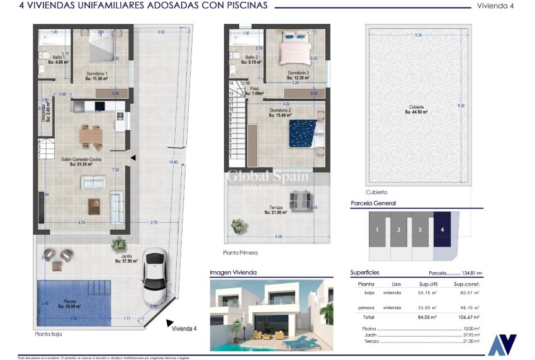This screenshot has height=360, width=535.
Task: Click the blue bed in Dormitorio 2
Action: tap(301, 133)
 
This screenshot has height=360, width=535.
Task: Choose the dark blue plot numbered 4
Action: tap(442, 230)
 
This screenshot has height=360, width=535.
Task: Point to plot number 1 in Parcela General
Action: tap(377, 230)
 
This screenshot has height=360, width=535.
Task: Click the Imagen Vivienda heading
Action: tap(234, 273)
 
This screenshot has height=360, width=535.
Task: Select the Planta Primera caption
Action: tap(240, 252)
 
